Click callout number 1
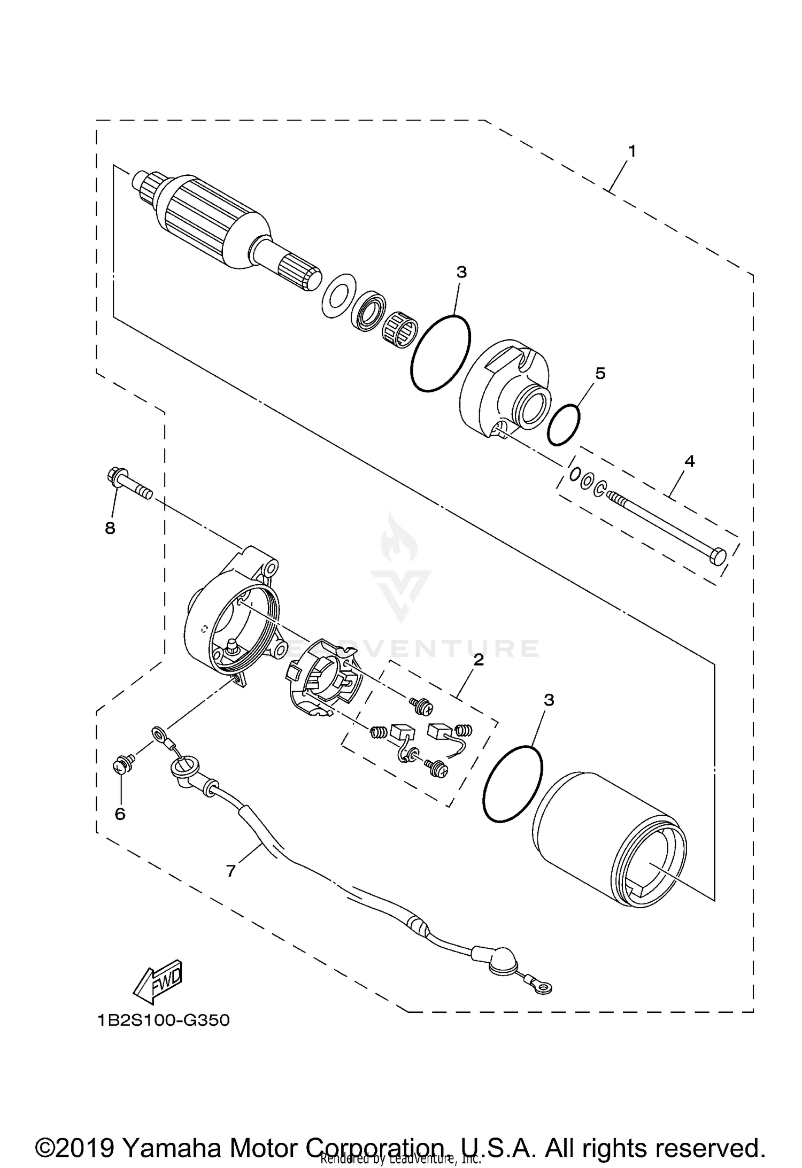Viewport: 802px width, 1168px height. (631, 152)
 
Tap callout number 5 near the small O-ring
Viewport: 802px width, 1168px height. (600, 374)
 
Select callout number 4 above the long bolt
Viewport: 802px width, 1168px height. (690, 461)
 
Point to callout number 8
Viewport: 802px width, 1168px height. (110, 529)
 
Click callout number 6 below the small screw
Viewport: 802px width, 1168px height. (120, 814)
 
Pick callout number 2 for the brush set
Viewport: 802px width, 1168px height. (478, 660)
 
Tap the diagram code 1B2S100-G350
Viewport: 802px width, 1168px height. (164, 1020)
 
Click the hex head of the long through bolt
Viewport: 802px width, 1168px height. (718, 555)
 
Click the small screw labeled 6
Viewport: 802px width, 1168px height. (120, 766)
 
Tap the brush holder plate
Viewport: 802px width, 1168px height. (323, 679)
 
